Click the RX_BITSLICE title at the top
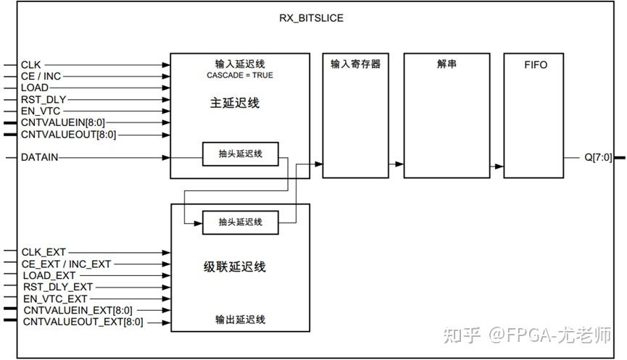click(311, 17)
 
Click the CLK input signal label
click(30, 64)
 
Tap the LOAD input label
click(35, 88)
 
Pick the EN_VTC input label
click(41, 111)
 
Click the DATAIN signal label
click(40, 157)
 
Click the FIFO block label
click(535, 64)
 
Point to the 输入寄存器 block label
click(355, 64)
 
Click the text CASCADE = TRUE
click(240, 75)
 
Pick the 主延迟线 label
click(240, 103)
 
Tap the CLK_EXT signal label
click(43, 253)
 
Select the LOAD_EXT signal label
click(49, 276)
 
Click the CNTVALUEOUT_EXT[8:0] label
click(83, 322)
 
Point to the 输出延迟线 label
click(240, 319)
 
